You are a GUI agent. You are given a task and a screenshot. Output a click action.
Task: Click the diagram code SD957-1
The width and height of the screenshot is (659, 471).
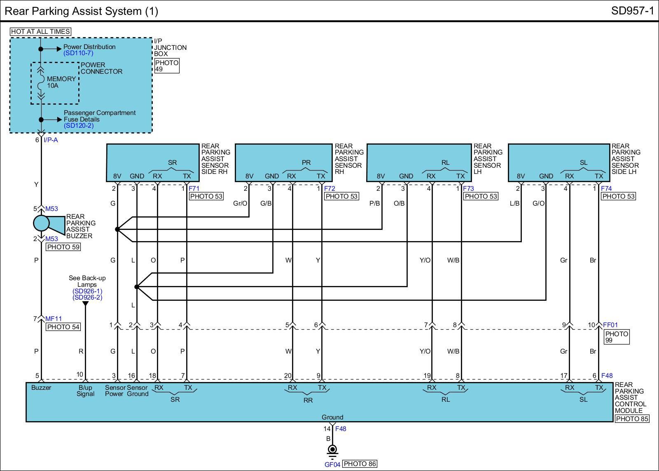[x=633, y=11]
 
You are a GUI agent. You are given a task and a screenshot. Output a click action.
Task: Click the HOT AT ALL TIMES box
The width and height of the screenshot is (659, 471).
[x=41, y=31]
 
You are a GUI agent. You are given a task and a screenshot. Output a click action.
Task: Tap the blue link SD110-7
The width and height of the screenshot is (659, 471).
[x=78, y=53]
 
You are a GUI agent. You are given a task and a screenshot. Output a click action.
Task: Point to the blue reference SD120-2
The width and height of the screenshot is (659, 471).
[x=79, y=126]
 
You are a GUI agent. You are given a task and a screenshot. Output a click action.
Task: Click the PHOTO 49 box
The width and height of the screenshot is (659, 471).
[x=167, y=66]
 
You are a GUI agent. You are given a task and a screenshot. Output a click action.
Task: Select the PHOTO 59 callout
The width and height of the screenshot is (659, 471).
[x=63, y=247]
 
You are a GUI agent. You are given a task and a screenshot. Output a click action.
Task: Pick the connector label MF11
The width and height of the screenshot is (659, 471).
[x=54, y=319]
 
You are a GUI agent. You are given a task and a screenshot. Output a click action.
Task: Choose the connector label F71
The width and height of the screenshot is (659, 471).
[x=194, y=188]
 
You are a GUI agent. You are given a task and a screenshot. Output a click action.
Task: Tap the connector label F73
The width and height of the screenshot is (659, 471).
[x=468, y=188]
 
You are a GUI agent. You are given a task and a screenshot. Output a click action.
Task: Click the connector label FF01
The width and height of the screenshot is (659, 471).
[x=610, y=325]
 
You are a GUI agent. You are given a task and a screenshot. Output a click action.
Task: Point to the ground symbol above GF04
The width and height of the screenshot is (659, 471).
[x=332, y=452]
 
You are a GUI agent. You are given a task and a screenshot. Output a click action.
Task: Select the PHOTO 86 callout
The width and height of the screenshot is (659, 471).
[x=360, y=464]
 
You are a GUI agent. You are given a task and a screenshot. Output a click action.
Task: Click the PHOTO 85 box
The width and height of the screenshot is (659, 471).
[x=632, y=419]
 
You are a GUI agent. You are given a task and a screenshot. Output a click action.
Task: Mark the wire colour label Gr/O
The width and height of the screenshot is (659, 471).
[x=240, y=204]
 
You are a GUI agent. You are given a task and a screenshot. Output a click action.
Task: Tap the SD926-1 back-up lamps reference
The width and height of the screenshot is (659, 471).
[x=87, y=291]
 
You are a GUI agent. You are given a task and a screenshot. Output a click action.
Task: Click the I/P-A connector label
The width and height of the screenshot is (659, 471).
[x=51, y=140]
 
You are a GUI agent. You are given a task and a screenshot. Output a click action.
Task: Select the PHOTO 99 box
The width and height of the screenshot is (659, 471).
[x=617, y=337]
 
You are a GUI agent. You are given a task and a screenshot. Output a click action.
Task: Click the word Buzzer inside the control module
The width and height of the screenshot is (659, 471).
[x=41, y=388]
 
